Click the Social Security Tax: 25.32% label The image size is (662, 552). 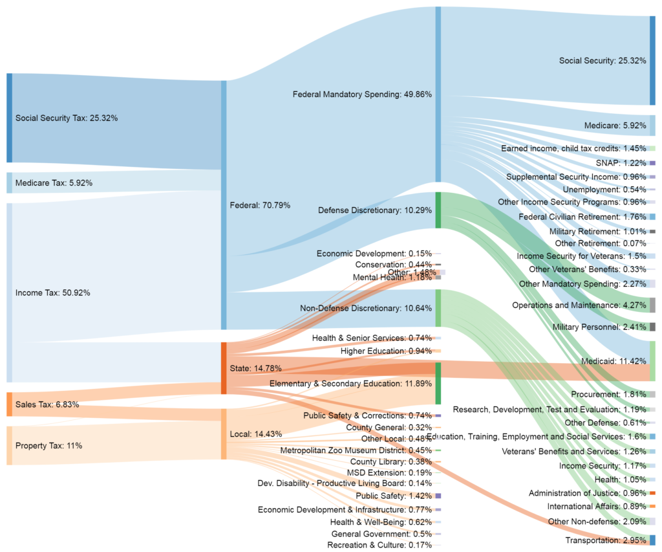(x=66, y=118)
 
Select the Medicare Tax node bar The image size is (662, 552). (x=9, y=182)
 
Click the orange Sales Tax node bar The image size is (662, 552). (x=9, y=404)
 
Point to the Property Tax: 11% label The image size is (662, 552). (x=48, y=445)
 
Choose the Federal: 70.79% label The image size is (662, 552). (x=260, y=205)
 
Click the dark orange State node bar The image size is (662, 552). (x=224, y=368)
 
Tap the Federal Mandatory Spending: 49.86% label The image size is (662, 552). (x=362, y=94)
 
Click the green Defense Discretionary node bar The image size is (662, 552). (x=438, y=210)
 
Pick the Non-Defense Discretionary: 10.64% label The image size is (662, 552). (x=366, y=308)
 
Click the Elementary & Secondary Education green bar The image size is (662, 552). (x=438, y=383)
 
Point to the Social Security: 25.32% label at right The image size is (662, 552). (x=603, y=61)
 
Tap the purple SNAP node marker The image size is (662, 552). (x=652, y=162)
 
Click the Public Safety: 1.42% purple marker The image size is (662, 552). (x=438, y=495)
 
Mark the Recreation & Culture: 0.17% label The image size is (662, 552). (x=379, y=545)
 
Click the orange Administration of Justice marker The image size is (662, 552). (x=652, y=492)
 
